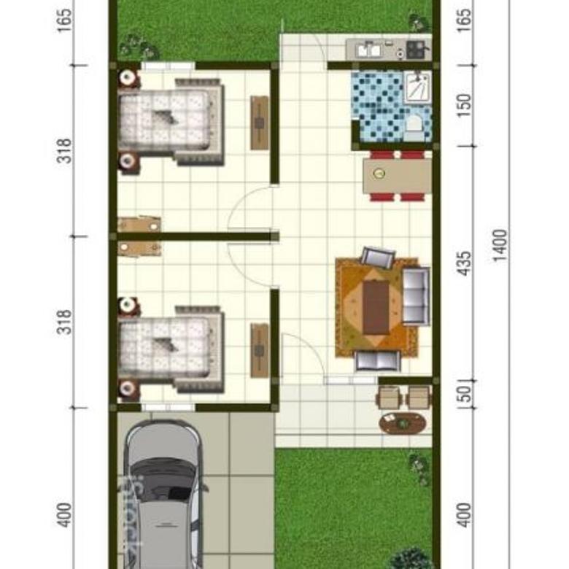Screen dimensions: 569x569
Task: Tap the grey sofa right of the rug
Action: (x=416, y=295)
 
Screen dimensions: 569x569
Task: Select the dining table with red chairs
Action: (x=397, y=174)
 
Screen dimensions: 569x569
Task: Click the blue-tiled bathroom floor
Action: (x=376, y=109)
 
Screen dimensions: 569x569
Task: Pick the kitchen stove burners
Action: (x=418, y=49)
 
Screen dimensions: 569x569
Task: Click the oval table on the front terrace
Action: (x=402, y=422)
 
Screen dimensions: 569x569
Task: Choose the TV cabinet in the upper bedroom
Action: (x=259, y=123)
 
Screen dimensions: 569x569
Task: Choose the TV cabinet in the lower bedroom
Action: (x=259, y=350)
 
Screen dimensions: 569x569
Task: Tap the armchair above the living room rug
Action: (x=378, y=258)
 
